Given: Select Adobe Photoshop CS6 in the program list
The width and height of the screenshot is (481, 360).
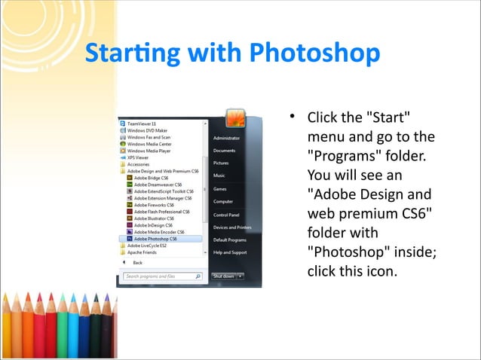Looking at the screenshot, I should pos(156,238).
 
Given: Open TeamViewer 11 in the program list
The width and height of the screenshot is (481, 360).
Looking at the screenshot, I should pos(142,123).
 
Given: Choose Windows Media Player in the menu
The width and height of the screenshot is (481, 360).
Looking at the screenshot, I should pos(149,151).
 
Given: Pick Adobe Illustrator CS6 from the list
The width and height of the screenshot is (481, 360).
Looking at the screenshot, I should pos(155,218).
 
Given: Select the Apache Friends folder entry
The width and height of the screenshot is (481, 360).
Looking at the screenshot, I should pos(143,252).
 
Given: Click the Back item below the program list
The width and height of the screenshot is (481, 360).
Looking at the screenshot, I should pos(137,263).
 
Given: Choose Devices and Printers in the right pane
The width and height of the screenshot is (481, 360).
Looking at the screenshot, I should pos(232,227).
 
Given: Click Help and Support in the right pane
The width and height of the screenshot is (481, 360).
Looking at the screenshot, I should pos(230,252).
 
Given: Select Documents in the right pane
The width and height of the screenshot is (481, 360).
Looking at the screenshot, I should pos(225,151).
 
